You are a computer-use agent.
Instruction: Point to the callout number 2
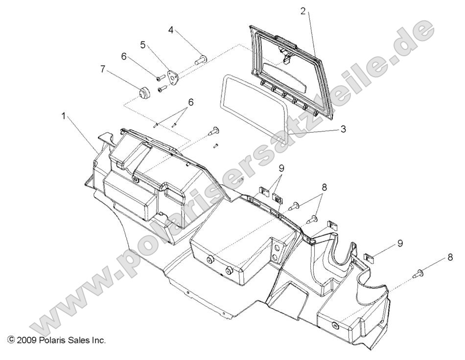click(303, 11)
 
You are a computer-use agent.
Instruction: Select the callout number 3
click(344, 129)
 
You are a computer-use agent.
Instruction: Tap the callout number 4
click(171, 30)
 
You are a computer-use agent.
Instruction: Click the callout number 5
click(142, 45)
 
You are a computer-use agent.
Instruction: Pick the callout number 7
click(102, 69)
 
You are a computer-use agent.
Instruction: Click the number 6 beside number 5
click(124, 56)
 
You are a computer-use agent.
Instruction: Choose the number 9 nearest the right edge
click(400, 243)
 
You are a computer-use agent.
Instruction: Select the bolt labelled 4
click(202, 61)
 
